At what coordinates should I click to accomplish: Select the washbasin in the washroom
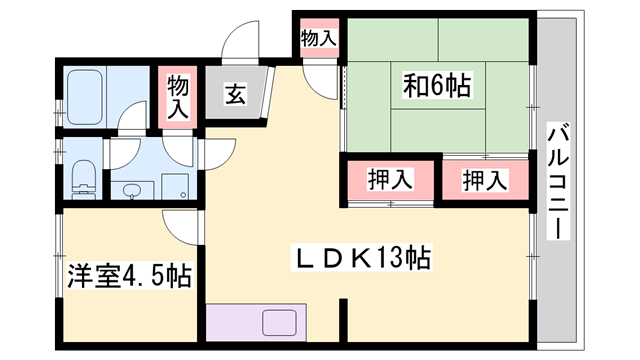pyautogui.click(x=130, y=189)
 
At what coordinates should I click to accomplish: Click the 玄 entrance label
pyautogui.click(x=235, y=96)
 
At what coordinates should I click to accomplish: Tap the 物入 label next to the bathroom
pyautogui.click(x=178, y=97)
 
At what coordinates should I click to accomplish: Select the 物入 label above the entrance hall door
pyautogui.click(x=317, y=39)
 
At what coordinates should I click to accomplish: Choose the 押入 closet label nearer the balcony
pyautogui.click(x=485, y=181)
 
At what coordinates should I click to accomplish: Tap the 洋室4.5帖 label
pyautogui.click(x=129, y=273)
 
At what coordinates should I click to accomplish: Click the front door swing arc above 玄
pyautogui.click(x=238, y=42)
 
